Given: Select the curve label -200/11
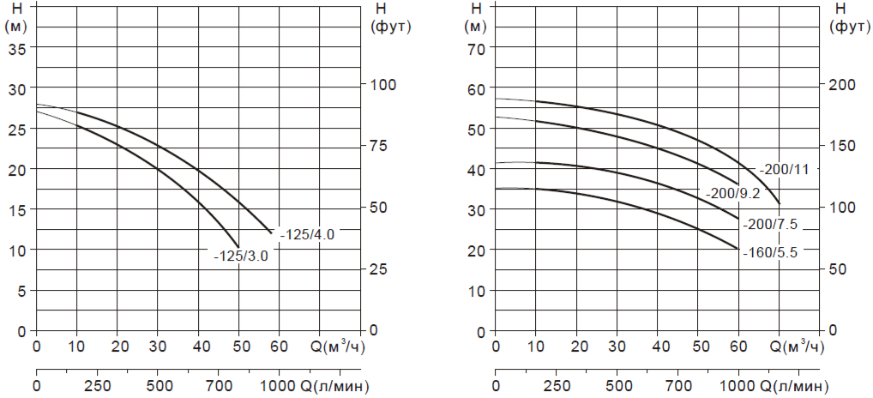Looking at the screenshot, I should pos(784,169).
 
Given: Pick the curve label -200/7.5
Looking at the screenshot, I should pos(771,225).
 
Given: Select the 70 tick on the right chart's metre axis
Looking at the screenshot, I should pos(476,48).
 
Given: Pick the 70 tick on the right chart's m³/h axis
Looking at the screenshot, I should pos(779,347).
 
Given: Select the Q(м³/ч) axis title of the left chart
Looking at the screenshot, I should pos(338,347).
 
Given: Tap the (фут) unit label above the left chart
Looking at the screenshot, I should pos(392,26).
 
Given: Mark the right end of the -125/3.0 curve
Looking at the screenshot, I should pos(238,246).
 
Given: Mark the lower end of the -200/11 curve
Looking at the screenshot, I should pos(780,203).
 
